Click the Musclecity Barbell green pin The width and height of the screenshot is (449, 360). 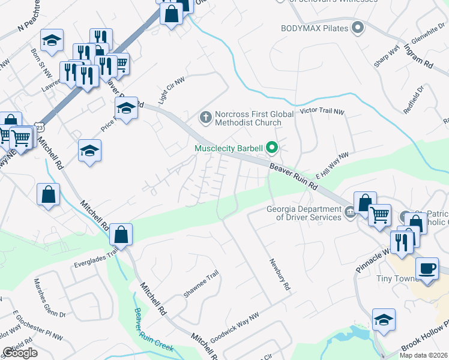tap(271, 147)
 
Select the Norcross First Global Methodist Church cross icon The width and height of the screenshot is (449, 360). tap(206, 118)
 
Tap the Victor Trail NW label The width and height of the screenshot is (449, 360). tap(322, 112)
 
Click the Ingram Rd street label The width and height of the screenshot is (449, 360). tap(419, 55)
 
